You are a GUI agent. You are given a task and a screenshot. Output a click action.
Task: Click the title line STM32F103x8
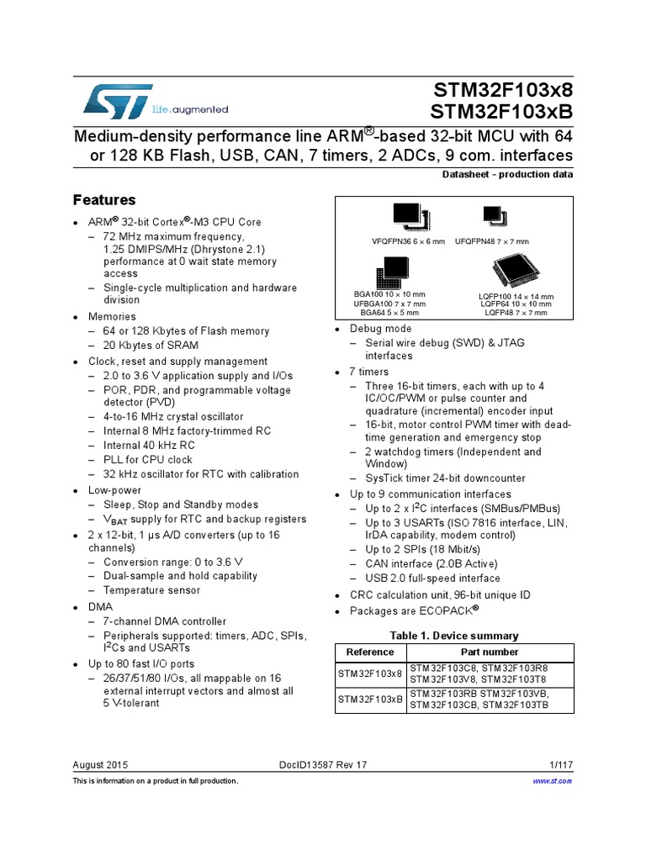click(503, 91)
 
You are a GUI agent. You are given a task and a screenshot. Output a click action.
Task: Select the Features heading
click(104, 200)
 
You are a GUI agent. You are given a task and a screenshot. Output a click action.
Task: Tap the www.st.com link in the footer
click(553, 781)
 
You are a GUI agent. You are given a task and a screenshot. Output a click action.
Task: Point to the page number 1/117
click(560, 764)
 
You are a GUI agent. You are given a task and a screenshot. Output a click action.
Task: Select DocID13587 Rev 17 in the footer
click(323, 764)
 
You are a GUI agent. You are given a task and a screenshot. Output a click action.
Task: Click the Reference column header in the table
click(370, 652)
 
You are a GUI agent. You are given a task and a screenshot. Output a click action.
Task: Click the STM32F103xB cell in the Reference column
click(370, 699)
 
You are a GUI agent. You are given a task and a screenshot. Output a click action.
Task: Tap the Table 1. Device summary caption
click(454, 636)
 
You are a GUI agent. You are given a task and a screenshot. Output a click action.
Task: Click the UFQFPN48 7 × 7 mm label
click(494, 241)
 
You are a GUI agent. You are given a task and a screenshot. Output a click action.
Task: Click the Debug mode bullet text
click(381, 329)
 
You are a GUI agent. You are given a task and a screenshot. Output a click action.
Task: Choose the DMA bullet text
click(100, 605)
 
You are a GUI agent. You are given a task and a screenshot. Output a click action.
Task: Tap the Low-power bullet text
click(115, 490)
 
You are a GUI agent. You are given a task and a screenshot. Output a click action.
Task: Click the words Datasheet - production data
click(507, 175)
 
